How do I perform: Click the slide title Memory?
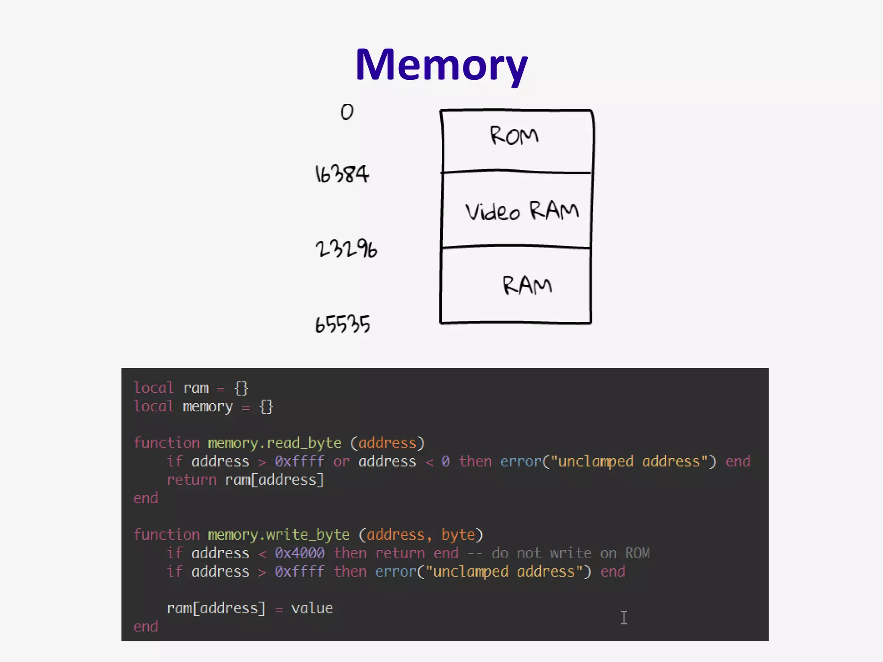coord(441,65)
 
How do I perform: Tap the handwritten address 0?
coord(347,112)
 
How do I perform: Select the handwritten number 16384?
coord(342,174)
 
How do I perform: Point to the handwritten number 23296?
coord(346,249)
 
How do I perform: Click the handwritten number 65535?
coord(342,324)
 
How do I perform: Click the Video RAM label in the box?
coord(522,211)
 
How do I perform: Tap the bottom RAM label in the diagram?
coord(527,286)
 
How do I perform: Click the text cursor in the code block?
coord(624,617)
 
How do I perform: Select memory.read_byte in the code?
coord(274,443)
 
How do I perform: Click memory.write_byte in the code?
coord(279,535)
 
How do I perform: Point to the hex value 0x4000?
coord(299,553)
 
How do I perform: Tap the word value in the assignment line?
coord(312,608)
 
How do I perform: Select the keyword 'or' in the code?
coord(341,461)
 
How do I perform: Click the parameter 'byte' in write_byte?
coord(458,535)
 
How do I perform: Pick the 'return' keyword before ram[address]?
coord(191,480)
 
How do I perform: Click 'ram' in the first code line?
coord(196,388)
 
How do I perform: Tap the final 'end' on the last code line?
coord(146,627)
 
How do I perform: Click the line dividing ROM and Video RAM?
coord(516,172)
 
